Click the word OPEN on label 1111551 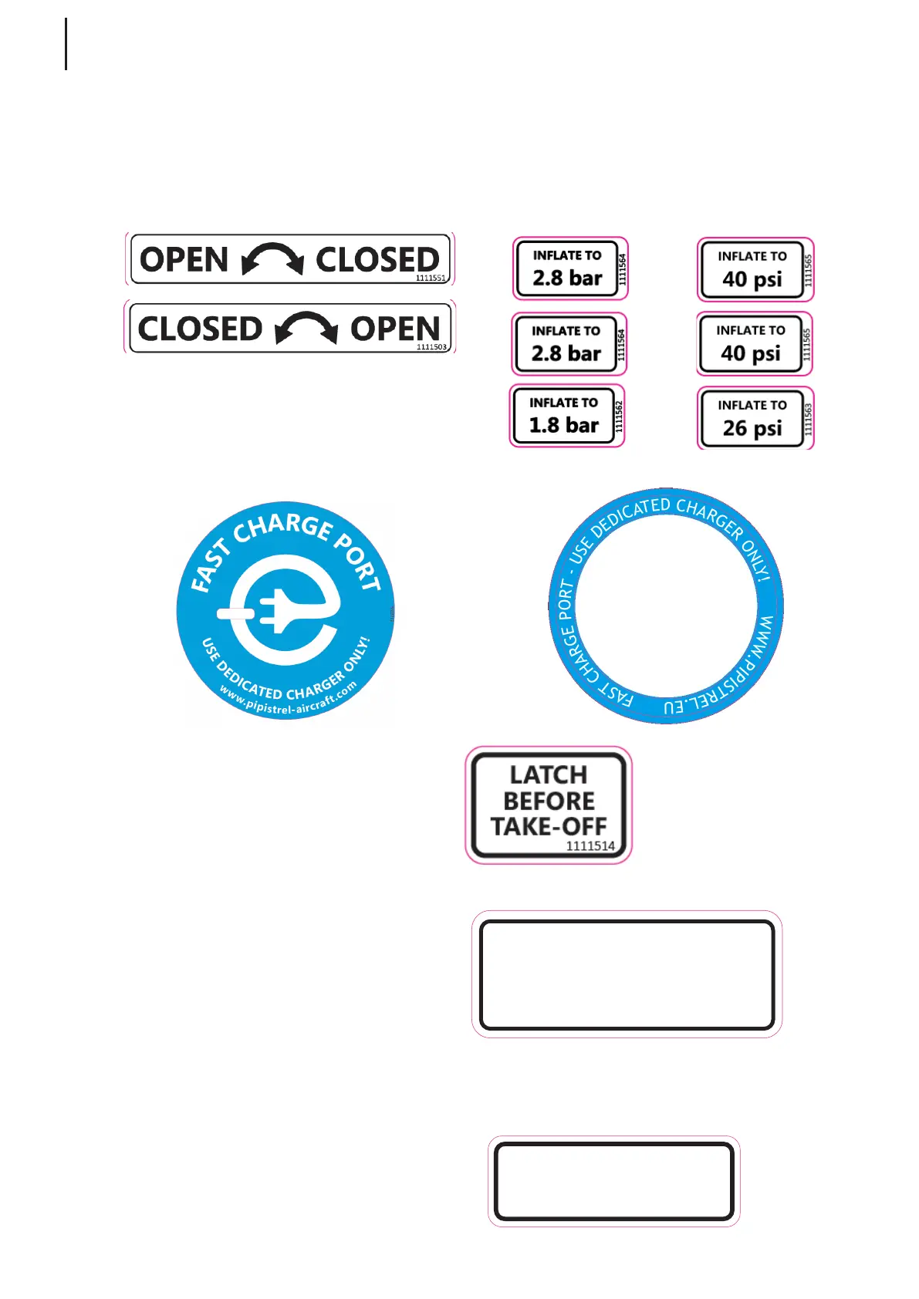click(184, 260)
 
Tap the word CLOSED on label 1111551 click(377, 259)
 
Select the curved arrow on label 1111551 click(272, 258)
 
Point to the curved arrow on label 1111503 click(306, 328)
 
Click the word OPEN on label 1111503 click(395, 329)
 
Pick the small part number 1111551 click(431, 278)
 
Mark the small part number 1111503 click(431, 347)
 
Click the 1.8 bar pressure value click(563, 425)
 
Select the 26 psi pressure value click(752, 428)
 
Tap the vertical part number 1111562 click(618, 417)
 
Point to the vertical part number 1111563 click(808, 419)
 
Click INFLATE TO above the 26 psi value click(752, 405)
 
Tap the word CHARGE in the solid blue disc click(283, 527)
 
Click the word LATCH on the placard click(549, 774)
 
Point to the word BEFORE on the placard click(549, 801)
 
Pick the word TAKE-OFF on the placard click(549, 826)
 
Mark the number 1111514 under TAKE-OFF click(590, 845)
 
